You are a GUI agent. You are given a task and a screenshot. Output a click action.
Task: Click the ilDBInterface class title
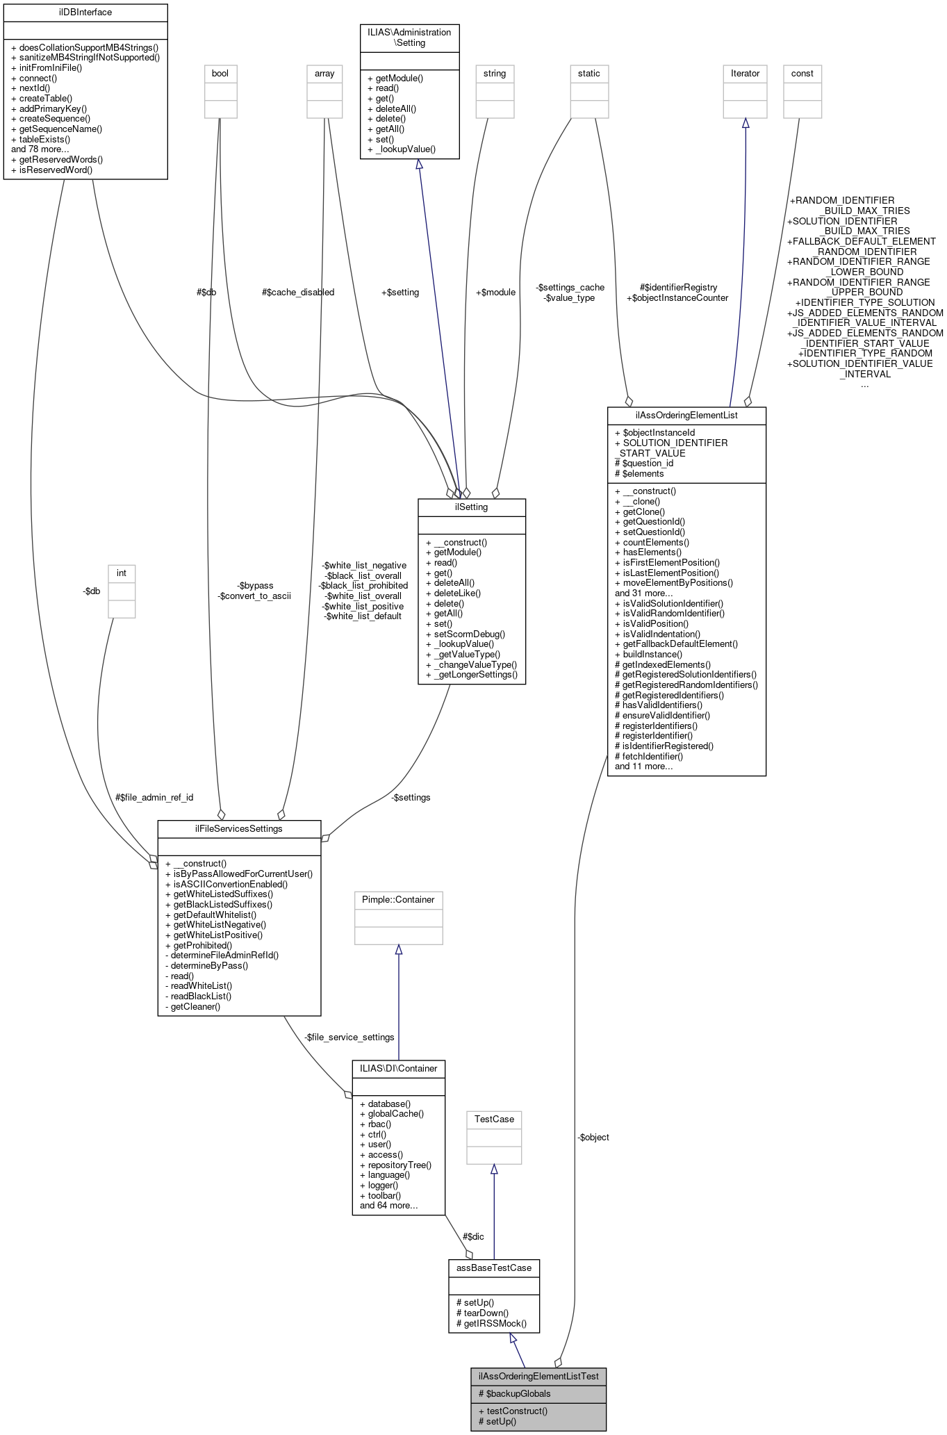[x=85, y=13]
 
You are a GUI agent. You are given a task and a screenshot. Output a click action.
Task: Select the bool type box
[x=220, y=74]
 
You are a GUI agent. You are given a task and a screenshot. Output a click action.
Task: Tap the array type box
[x=324, y=74]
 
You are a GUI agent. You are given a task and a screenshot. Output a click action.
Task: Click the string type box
[x=495, y=74]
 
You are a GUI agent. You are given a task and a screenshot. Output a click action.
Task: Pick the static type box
[x=589, y=74]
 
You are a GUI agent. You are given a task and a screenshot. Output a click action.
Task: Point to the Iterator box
[x=745, y=74]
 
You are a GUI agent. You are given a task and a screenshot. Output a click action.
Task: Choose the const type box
[x=802, y=74]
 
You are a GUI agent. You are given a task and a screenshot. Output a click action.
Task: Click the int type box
[x=122, y=573]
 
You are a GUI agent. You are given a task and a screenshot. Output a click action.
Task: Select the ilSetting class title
[x=471, y=507]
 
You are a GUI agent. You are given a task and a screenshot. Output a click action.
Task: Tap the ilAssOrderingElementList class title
[x=686, y=416]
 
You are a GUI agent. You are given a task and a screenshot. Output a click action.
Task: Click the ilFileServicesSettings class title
[x=239, y=829]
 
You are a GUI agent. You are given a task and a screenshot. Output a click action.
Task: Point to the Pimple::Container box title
[x=398, y=900]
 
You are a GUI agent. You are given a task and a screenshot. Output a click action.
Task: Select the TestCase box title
[x=494, y=1120]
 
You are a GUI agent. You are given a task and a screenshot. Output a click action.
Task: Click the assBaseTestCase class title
[x=494, y=1268]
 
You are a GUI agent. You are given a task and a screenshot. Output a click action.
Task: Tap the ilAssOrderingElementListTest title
[x=538, y=1376]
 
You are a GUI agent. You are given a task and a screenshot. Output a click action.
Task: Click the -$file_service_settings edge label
[x=349, y=1037]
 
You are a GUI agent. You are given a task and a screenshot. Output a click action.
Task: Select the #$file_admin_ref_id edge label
[x=154, y=797]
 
